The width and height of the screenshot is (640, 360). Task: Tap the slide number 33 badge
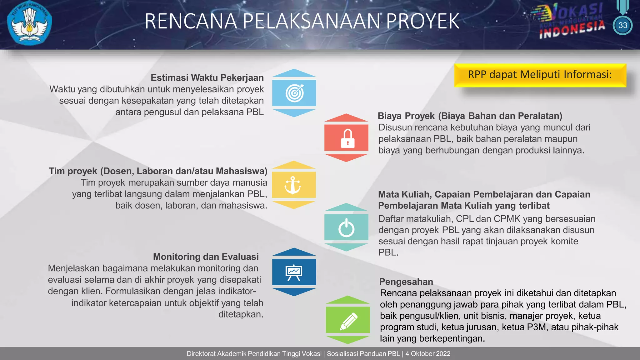[622, 25]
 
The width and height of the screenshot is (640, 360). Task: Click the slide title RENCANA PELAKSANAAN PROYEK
[302, 21]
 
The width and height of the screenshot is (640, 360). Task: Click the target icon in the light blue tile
[294, 93]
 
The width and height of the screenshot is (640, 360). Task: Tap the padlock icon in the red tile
[347, 138]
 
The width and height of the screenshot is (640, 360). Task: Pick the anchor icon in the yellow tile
[293, 185]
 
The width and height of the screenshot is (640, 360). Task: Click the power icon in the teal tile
[346, 228]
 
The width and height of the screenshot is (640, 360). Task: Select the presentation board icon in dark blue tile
[294, 273]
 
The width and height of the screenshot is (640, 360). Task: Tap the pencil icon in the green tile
[348, 321]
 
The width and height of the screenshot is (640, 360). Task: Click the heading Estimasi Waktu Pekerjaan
[207, 77]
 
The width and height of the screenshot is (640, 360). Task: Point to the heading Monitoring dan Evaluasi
[206, 257]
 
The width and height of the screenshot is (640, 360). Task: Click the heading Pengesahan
[406, 282]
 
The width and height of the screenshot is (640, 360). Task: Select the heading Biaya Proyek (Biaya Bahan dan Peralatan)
[470, 116]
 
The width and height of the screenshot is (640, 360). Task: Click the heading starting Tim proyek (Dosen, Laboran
[158, 171]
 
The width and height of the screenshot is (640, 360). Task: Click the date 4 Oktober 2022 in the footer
[428, 354]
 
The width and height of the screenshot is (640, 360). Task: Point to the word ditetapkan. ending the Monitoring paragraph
[241, 314]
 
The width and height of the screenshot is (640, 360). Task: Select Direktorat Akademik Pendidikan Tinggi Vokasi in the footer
[254, 354]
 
